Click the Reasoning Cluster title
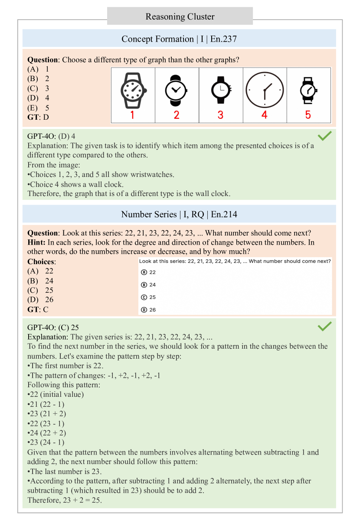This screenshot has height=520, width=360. [x=180, y=17]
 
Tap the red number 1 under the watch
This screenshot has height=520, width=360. [x=132, y=115]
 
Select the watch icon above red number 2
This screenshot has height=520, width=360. [x=177, y=90]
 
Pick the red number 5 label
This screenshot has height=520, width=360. [x=308, y=115]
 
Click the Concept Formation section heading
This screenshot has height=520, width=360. [x=179, y=39]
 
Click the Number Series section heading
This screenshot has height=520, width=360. [x=179, y=214]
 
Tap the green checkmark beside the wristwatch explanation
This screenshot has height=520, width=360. [x=325, y=136]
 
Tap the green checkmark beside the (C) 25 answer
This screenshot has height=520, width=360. [x=325, y=326]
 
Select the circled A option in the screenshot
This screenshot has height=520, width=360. [x=144, y=272]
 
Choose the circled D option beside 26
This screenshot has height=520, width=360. [x=144, y=310]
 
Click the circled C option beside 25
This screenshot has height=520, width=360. [x=144, y=297]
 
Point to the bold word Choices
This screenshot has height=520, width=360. [x=42, y=262]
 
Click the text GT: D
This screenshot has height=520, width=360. [x=38, y=117]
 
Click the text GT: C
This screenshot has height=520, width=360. [x=38, y=309]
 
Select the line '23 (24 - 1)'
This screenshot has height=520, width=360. [x=46, y=442]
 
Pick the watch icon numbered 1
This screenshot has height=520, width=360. [x=133, y=90]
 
